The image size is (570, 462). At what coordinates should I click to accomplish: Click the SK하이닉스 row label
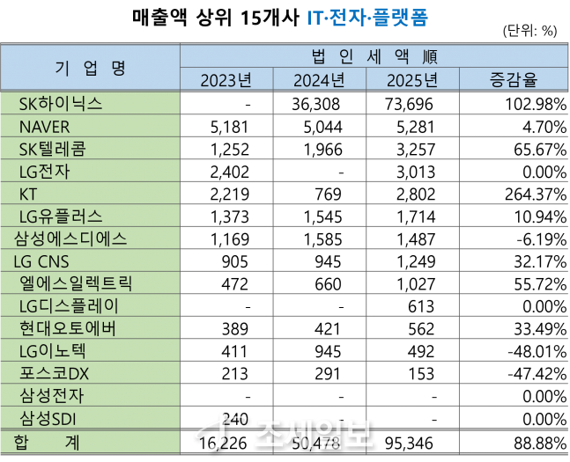60,104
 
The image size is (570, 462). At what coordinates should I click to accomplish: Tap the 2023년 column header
226,81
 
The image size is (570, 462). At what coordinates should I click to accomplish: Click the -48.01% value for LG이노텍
532,351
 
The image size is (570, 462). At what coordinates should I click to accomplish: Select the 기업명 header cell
92,68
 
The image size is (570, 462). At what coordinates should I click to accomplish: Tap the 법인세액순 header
374,57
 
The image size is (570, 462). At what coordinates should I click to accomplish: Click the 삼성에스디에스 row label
70,238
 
